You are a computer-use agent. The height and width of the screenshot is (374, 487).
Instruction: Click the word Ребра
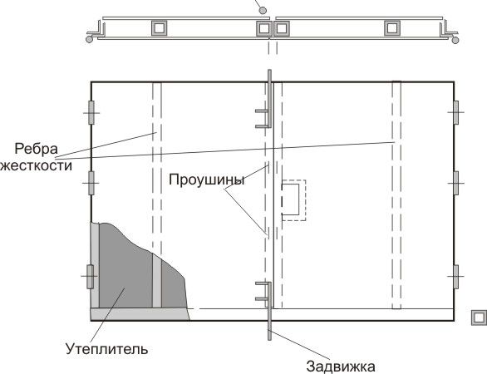coord(36,149)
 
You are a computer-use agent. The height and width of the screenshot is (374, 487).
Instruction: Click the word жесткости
coord(36,165)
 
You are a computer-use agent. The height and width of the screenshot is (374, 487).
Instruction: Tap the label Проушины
coord(207,180)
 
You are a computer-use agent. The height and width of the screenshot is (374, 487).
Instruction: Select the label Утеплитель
coord(107,349)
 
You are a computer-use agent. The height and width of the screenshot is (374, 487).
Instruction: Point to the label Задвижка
coord(341,367)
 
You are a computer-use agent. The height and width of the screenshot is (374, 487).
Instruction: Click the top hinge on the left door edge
coord(91,112)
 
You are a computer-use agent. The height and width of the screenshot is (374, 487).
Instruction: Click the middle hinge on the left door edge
coord(91,183)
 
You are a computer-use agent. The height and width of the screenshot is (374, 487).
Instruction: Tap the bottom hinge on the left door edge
coord(90,277)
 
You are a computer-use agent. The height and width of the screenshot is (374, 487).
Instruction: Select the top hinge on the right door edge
coord(455,112)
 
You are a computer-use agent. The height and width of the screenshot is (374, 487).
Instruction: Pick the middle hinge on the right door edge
coord(455,183)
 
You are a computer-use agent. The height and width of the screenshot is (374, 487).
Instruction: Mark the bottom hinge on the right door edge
coord(455,277)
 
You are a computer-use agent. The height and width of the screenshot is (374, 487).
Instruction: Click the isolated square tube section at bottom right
coord(479,317)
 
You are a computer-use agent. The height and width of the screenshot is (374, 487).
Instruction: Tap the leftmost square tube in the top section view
coord(159,28)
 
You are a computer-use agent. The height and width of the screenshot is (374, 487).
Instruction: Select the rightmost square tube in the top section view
coord(392,28)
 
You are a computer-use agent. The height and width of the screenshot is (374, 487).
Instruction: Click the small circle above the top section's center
coord(263,11)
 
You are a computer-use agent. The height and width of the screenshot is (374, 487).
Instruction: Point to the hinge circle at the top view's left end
coord(89,39)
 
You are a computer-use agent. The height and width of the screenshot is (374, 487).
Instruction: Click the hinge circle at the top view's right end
coord(455,40)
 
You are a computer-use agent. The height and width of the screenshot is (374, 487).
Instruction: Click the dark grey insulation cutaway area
coord(124,273)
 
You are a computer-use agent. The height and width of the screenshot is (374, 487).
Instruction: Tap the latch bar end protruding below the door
coord(269,329)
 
